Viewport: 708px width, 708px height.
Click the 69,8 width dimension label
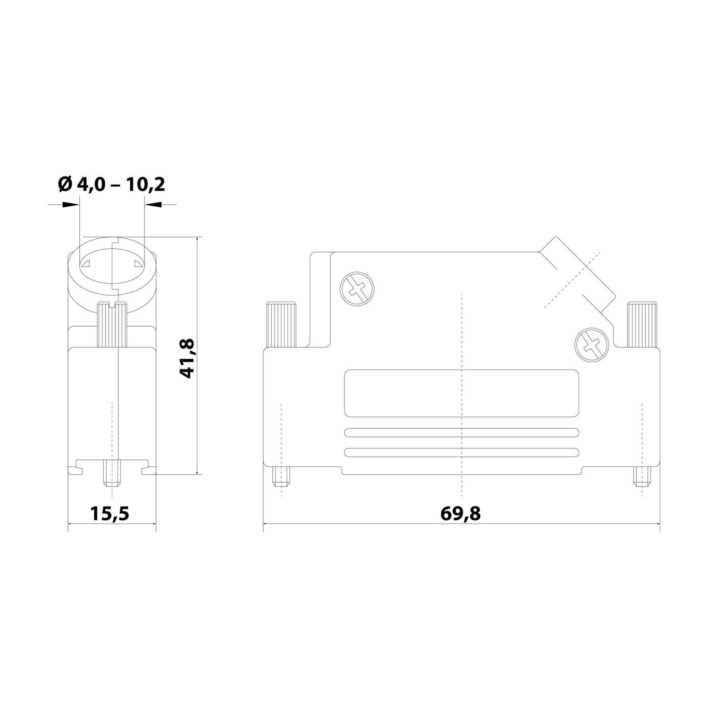coord(461,513)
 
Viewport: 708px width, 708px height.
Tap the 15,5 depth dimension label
coord(110,513)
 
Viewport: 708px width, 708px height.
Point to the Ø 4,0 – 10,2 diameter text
coord(111,185)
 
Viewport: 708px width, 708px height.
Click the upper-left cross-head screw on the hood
coord(357,289)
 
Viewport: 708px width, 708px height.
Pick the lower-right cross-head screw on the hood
coord(592,345)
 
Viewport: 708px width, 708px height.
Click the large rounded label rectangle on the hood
coord(462,394)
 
